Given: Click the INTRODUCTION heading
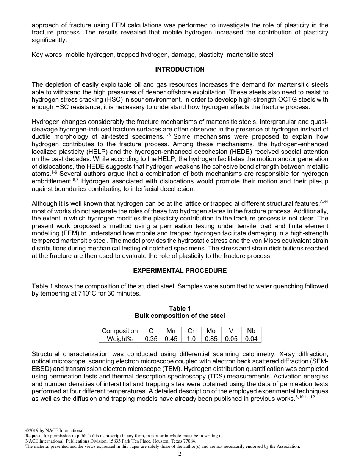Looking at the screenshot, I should tap(180, 69).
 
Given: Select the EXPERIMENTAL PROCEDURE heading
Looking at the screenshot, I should tap(180, 271).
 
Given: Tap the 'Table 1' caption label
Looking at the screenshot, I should tap(180, 308).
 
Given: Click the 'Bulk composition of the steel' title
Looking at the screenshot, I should tap(180, 316).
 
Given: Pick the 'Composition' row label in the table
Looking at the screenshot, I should tap(120, 331).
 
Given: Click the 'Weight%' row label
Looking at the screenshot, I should tap(120, 339).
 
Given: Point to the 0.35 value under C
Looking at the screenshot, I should tap(151, 339).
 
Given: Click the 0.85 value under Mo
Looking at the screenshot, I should tap(211, 339).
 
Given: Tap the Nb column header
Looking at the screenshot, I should tap(251, 331).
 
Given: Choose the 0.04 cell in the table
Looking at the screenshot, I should tap(251, 339).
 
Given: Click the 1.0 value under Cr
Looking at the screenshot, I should tap(191, 339).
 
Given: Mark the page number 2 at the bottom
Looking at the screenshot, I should tap(180, 454).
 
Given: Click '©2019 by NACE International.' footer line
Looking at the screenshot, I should tap(55, 430).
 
